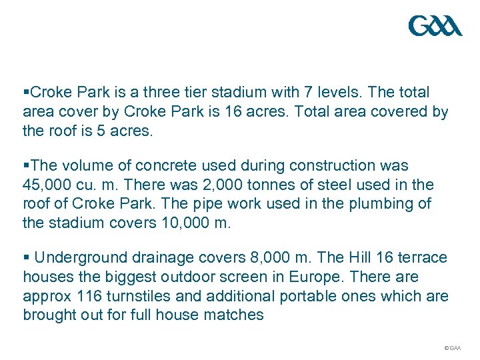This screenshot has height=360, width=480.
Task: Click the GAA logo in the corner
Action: [x=435, y=27]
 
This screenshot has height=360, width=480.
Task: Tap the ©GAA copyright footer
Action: [x=452, y=348]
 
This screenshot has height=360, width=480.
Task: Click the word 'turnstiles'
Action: [x=137, y=296]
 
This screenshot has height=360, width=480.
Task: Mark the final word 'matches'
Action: [x=237, y=315]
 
